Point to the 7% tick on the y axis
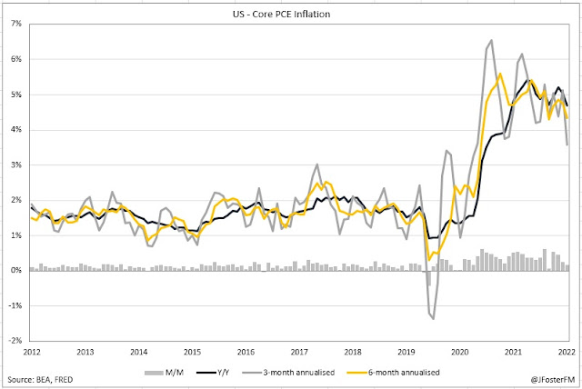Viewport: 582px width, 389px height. [16, 24]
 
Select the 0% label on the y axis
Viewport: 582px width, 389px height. [16, 271]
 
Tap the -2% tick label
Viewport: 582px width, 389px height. [15, 341]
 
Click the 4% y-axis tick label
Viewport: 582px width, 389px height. [16, 130]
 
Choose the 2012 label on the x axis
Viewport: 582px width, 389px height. [31, 352]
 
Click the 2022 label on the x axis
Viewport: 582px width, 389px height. [566, 352]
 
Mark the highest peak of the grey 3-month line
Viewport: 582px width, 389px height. [491, 40]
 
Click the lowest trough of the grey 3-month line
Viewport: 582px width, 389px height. [433, 319]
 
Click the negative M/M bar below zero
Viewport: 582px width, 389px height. [428, 278]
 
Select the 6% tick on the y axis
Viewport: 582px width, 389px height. [16, 59]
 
